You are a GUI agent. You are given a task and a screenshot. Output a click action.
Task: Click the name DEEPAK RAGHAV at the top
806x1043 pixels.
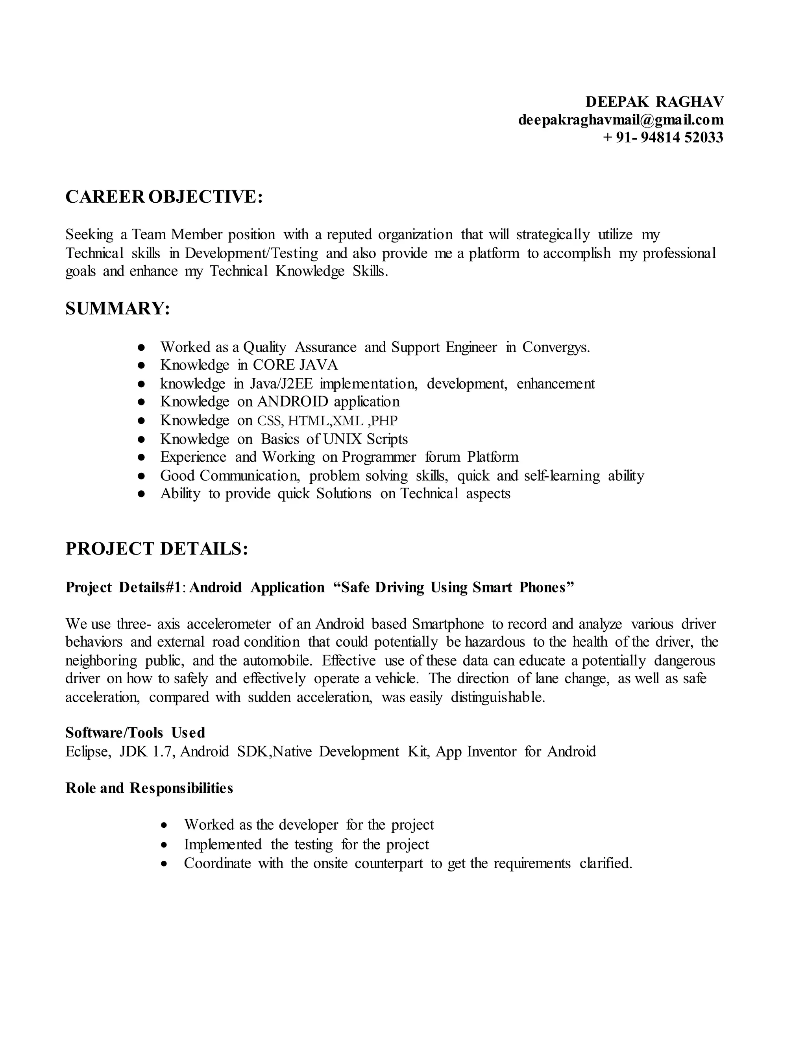tap(654, 102)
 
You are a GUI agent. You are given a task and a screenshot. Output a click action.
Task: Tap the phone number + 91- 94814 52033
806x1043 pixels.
tap(663, 137)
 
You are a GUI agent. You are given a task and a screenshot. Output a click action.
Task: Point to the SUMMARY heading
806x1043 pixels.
tap(117, 309)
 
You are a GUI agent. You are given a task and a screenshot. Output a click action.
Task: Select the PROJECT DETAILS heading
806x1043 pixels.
tap(157, 549)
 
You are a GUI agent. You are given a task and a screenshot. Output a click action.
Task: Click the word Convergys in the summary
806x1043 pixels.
tap(556, 347)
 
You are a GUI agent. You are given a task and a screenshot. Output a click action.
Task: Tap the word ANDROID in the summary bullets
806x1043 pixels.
tap(293, 401)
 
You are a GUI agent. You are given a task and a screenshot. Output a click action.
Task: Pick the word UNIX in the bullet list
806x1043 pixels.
tap(342, 439)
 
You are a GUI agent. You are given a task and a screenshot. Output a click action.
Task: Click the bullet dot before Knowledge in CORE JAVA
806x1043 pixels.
tap(141, 365)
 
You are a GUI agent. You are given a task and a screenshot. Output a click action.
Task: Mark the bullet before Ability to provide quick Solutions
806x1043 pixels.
tap(141, 494)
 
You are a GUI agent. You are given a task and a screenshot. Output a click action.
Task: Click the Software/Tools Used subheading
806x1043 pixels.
tap(135, 732)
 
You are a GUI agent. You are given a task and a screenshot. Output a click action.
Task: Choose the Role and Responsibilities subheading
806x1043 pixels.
tap(149, 788)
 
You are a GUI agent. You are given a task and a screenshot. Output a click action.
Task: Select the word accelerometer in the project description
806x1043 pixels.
tap(229, 624)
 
